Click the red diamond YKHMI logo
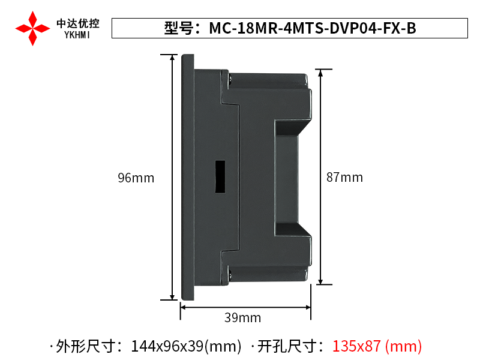32,28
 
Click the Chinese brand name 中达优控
78,23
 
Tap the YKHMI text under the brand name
78,35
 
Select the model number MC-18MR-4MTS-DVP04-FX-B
312,28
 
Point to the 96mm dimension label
136,178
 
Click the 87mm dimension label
344,178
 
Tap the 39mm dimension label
242,318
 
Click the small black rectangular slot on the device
220,177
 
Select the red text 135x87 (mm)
377,346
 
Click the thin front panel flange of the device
187,178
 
